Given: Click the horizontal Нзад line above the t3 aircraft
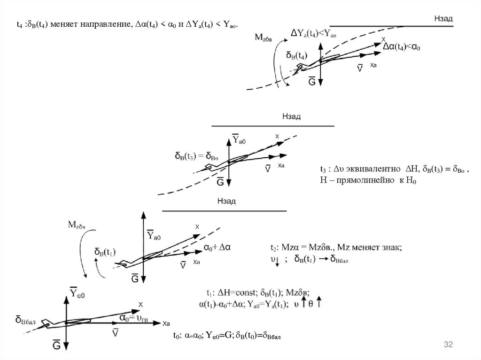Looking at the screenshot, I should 272,126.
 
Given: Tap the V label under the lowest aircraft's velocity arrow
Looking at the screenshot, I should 116,332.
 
